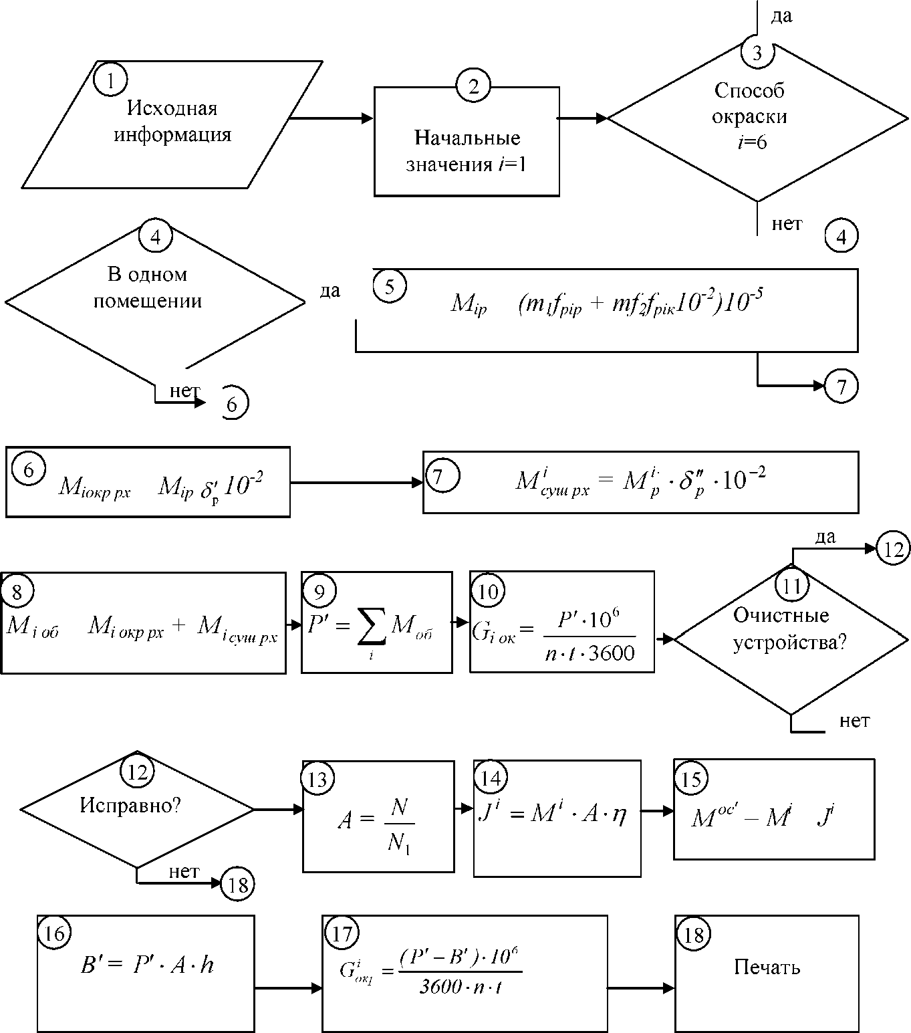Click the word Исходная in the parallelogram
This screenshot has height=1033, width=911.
click(172, 108)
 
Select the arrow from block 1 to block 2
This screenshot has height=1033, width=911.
click(332, 118)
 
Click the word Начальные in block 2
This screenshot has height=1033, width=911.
click(467, 138)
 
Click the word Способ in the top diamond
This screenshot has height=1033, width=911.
click(749, 90)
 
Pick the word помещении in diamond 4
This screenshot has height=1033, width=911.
click(148, 301)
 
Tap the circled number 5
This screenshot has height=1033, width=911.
click(390, 285)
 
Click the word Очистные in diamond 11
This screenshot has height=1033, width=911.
click(781, 615)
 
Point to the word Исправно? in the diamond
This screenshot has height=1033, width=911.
click(130, 805)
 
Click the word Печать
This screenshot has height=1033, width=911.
click(767, 967)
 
